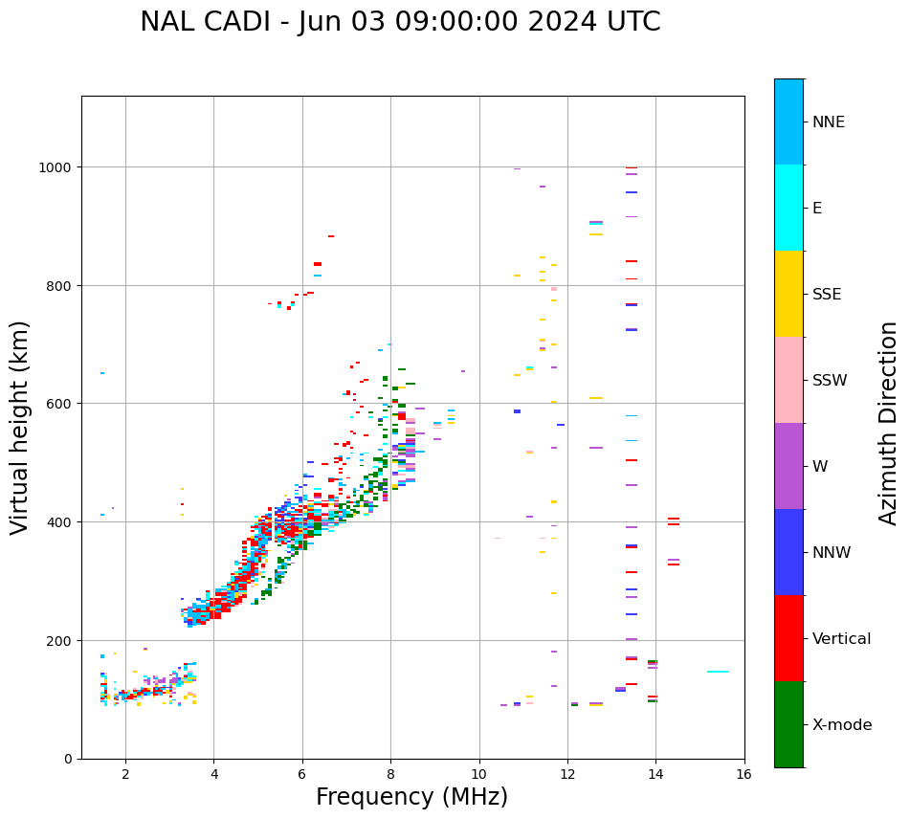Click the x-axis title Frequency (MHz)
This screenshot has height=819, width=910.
tap(411, 797)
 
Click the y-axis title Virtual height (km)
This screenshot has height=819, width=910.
tap(20, 427)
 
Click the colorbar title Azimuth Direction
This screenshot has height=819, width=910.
tap(889, 423)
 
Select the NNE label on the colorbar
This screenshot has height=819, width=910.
tap(829, 122)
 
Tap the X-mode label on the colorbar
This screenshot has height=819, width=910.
tap(842, 725)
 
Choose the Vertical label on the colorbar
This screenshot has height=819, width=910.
tap(842, 639)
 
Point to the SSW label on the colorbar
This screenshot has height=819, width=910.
tap(830, 381)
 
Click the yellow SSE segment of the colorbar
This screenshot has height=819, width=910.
tap(788, 294)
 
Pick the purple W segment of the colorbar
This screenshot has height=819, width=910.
tap(788, 466)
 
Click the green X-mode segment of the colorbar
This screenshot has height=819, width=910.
tap(788, 724)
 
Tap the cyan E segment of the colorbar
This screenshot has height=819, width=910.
tap(788, 208)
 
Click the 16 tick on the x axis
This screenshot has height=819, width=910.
tap(744, 775)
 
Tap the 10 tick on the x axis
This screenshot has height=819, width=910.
tap(478, 775)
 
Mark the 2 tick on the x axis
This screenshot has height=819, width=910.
tap(125, 775)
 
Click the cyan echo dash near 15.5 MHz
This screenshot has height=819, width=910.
tap(718, 672)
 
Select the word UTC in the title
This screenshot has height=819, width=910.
tap(629, 22)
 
